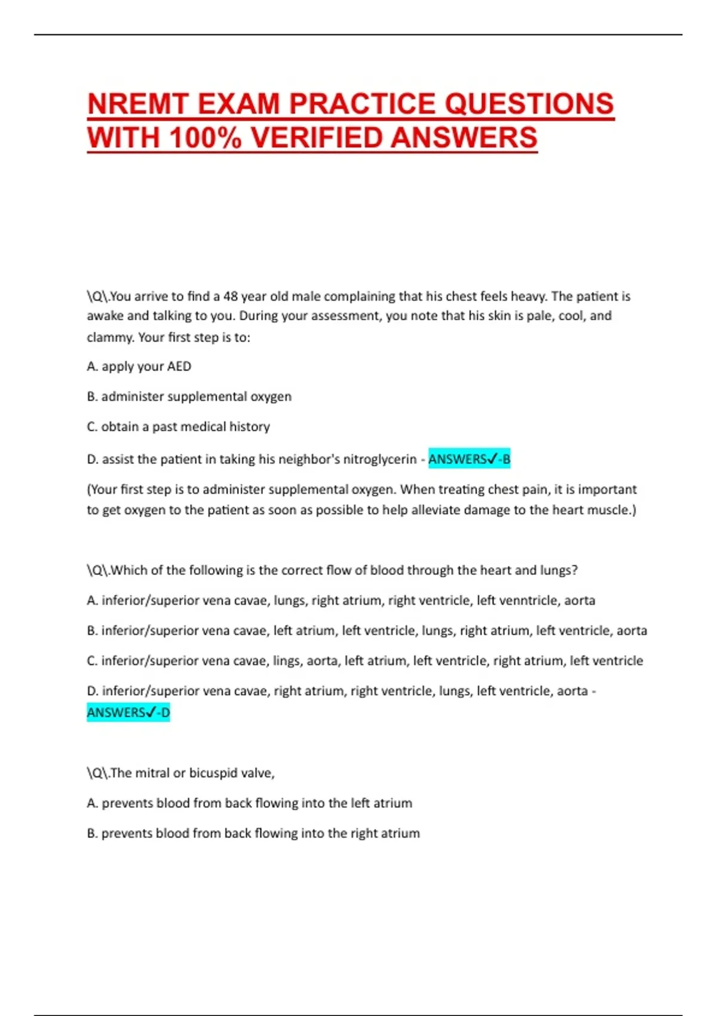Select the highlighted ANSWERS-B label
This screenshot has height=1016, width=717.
pyautogui.click(x=469, y=459)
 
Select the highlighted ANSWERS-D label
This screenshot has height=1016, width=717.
pyautogui.click(x=128, y=712)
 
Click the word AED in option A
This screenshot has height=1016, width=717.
pyautogui.click(x=179, y=366)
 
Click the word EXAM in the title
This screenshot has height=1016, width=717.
pyautogui.click(x=238, y=104)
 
